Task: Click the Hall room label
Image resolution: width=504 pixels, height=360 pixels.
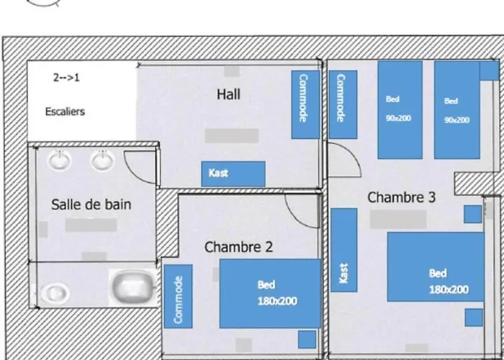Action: (x=228, y=94)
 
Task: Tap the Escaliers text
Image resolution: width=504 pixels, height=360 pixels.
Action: (x=65, y=112)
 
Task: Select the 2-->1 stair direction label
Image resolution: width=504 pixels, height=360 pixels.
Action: (x=66, y=78)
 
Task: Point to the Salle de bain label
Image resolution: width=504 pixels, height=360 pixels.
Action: (x=91, y=204)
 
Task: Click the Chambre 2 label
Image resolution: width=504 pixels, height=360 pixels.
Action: (x=238, y=247)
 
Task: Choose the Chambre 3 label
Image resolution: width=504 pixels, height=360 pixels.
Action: (x=402, y=197)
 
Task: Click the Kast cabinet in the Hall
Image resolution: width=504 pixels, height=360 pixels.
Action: (x=233, y=174)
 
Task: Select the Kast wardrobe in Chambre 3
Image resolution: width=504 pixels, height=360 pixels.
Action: (x=344, y=250)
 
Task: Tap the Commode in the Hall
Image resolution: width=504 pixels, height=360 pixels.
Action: (x=305, y=105)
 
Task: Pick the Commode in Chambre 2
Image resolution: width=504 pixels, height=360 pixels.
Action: (x=179, y=297)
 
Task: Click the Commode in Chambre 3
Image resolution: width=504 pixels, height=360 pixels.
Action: (x=343, y=105)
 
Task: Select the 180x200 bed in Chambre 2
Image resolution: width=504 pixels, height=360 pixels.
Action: (x=270, y=294)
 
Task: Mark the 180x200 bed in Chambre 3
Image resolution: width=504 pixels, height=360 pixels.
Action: (x=436, y=267)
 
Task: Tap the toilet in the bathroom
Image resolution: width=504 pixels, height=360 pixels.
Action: (x=55, y=292)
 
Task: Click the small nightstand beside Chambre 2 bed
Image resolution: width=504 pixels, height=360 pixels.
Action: (x=307, y=339)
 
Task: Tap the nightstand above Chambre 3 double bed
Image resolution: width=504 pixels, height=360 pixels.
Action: (x=473, y=215)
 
